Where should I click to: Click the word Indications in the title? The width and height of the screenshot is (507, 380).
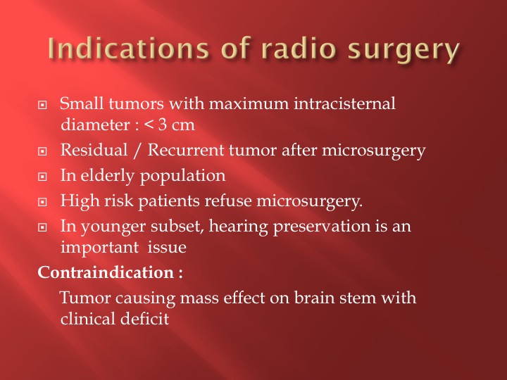click(129, 49)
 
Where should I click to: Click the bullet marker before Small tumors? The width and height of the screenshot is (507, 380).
click(42, 105)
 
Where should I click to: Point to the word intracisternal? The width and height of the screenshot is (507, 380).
click(344, 103)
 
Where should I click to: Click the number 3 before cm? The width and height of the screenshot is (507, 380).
click(163, 125)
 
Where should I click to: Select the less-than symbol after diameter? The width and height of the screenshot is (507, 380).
click(149, 125)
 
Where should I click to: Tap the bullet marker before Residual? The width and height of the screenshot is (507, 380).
click(42, 151)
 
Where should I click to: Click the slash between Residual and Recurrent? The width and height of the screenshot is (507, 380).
click(137, 151)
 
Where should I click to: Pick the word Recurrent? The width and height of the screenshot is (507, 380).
click(186, 151)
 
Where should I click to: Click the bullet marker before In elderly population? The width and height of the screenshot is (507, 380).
click(42, 177)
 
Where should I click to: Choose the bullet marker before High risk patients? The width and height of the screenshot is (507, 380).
click(42, 202)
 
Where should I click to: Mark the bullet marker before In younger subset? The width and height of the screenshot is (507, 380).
click(42, 227)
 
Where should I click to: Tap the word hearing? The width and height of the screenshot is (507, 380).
click(238, 227)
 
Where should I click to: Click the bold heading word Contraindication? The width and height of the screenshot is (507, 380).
click(106, 272)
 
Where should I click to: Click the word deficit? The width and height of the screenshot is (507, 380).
click(144, 319)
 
